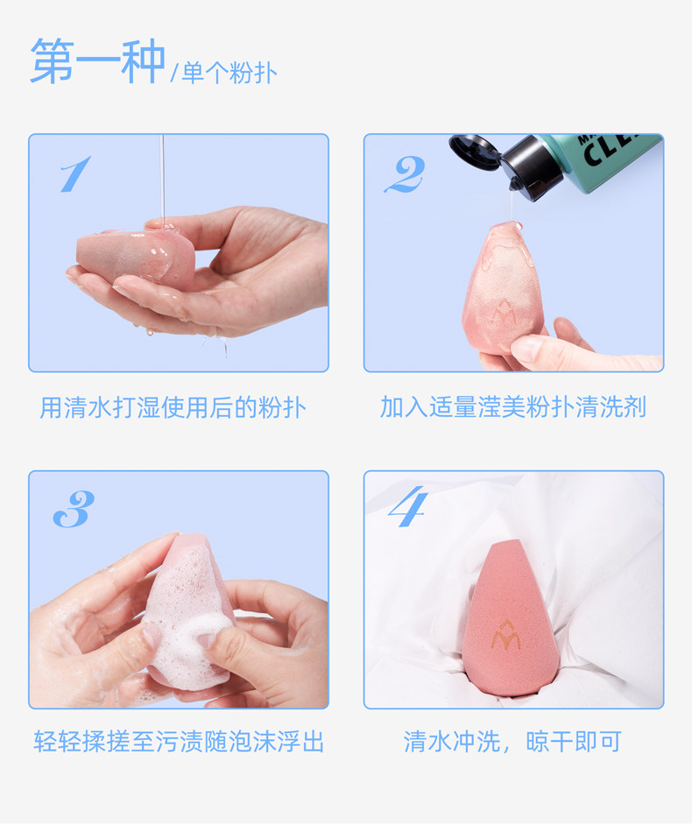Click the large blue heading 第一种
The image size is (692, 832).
tap(97, 61)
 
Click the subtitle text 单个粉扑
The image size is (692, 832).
tap(229, 73)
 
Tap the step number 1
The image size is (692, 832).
tap(74, 173)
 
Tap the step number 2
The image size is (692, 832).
tap(405, 174)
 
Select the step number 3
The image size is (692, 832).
tap(74, 509)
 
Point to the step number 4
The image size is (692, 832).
tap(407, 506)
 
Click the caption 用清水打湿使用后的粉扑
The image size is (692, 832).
tap(173, 407)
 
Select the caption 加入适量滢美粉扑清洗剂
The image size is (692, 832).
tap(513, 407)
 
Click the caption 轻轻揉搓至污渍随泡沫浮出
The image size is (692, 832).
tap(179, 741)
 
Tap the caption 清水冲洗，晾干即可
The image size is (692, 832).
tap(512, 741)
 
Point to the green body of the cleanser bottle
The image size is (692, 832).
tap(605, 159)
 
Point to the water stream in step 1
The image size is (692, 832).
tap(162, 180)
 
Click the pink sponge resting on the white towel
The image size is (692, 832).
tap(511, 618)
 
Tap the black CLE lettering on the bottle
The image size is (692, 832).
tap(611, 149)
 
